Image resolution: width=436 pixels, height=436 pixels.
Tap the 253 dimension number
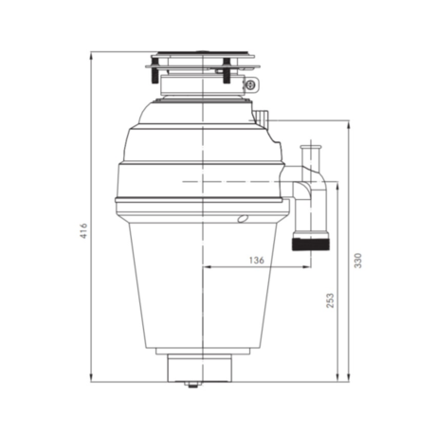330,300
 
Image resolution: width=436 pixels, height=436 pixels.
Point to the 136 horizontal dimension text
255,259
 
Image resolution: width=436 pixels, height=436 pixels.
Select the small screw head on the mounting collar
249,85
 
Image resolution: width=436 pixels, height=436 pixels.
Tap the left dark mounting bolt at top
151,72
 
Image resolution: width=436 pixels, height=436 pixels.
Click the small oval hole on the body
243,219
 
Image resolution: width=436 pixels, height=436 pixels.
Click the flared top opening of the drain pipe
308,146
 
